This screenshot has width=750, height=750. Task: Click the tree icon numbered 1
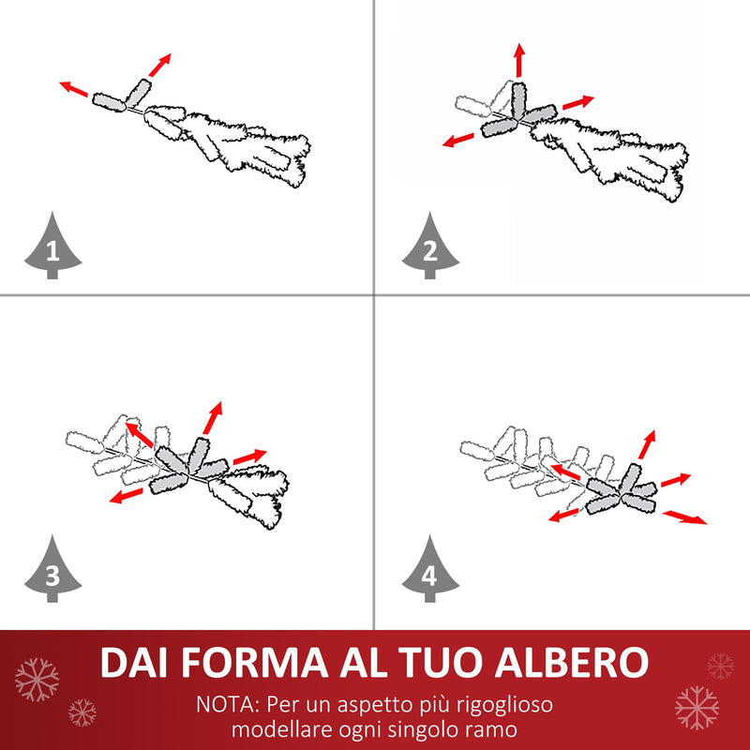coord(52,247)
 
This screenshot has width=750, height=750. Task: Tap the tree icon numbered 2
coord(430,247)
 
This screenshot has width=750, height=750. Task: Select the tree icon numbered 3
coord(52,571)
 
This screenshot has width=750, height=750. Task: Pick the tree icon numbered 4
coord(430,571)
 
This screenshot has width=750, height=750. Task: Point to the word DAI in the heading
coord(135,663)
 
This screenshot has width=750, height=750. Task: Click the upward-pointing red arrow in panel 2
coord(518,60)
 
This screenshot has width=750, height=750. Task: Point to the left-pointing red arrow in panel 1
coord(74,89)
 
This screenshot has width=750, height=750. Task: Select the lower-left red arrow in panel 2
coord(458,141)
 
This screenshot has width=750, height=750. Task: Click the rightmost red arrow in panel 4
coord(685,517)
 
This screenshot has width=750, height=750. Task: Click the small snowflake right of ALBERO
coord(720,667)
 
